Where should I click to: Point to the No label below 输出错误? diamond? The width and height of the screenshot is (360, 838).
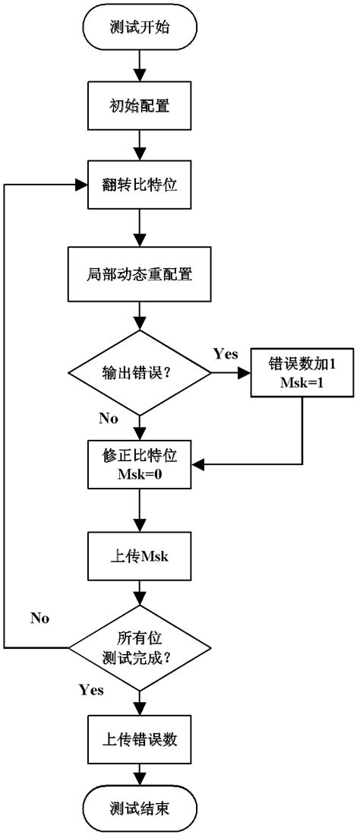pos(108,419)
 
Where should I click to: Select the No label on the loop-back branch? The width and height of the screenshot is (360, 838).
pos(39,618)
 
